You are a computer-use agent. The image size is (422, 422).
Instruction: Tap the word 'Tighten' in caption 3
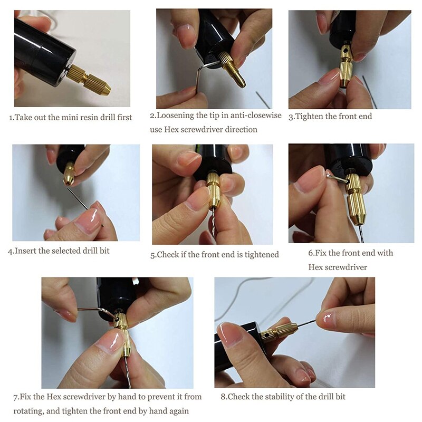point(310,116)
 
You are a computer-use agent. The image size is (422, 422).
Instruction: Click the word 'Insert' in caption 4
point(26,251)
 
